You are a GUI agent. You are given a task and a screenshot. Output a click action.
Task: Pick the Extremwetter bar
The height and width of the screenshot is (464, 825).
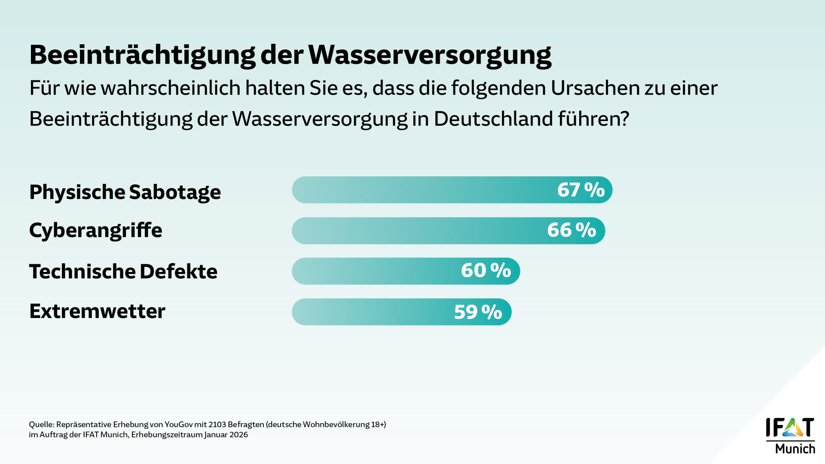point(370,312)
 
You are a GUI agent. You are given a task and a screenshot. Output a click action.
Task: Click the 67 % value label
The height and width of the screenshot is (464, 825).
point(581,190)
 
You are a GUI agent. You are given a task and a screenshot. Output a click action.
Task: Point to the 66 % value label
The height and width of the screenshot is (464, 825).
point(571,230)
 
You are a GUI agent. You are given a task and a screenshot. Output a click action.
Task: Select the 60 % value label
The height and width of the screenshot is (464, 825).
point(486,271)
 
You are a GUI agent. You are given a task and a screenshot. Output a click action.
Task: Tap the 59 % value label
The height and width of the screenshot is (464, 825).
point(478,312)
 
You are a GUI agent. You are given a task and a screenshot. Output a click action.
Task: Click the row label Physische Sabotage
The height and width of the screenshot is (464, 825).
point(125,192)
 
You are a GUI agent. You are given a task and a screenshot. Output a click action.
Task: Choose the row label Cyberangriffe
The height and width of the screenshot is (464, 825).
point(96,231)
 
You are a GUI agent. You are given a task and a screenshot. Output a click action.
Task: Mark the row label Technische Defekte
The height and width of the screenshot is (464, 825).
point(123,272)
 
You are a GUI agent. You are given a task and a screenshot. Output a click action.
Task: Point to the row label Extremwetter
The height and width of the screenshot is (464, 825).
point(97,311)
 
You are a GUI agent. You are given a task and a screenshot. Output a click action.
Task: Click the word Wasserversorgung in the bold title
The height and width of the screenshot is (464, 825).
point(430,55)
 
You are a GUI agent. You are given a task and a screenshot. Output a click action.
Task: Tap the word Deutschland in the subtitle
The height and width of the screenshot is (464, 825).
point(493,119)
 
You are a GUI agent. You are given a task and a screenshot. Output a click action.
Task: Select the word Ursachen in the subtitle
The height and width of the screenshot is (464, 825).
point(595,88)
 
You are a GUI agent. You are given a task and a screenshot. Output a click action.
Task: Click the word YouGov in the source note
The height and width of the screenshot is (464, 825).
point(178,424)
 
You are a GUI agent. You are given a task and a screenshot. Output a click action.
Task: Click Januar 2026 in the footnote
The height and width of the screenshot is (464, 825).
point(226,435)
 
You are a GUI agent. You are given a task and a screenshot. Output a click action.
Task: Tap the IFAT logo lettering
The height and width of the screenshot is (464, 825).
point(790,427)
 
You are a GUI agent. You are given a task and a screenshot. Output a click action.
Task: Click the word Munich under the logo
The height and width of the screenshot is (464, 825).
point(795,449)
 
